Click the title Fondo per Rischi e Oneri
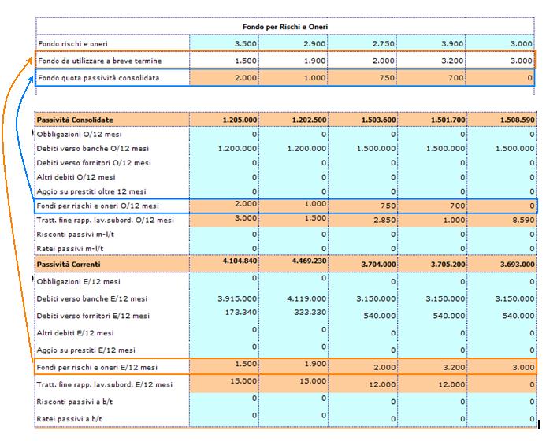(x=285, y=27)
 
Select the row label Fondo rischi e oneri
(x=72, y=44)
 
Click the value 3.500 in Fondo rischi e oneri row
(x=246, y=44)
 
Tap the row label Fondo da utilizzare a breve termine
(x=99, y=61)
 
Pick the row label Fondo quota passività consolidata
(x=98, y=78)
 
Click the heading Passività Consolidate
(x=75, y=120)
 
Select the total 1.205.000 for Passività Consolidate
(x=240, y=120)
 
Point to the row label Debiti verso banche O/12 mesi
(x=93, y=149)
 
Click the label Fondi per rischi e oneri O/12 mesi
(x=98, y=206)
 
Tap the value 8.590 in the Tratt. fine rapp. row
(x=523, y=220)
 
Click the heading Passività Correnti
(x=69, y=264)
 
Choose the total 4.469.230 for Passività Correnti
(x=309, y=261)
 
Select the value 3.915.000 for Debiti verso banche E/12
(x=237, y=298)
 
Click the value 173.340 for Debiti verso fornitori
(x=241, y=312)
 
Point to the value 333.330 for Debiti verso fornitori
(x=310, y=312)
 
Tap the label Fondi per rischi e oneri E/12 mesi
(x=97, y=367)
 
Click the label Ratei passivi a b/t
(x=69, y=419)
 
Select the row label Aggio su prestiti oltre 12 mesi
(x=91, y=191)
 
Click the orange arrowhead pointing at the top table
(x=30, y=61)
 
